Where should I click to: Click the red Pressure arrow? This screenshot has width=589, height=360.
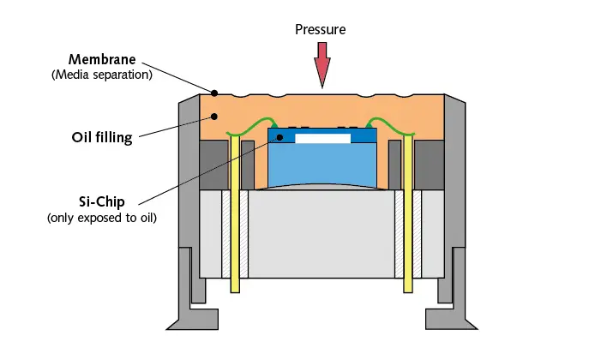322,64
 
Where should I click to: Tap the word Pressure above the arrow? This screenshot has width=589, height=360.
321,30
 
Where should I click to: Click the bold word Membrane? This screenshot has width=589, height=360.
102,59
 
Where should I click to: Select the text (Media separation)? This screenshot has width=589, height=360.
102,75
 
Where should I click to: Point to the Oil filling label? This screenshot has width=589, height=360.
102,137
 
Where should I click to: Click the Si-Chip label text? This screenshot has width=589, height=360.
102,202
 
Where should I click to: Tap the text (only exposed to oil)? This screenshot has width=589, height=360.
102,218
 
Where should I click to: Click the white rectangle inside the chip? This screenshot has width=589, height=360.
322,139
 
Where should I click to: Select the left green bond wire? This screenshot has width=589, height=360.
251,127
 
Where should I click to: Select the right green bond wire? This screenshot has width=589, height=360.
391,126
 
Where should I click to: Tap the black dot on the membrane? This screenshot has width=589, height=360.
214,93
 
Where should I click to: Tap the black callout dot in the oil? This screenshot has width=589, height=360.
214,117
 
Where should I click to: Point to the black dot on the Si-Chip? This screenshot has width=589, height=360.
279,137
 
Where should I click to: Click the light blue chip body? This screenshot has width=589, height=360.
322,164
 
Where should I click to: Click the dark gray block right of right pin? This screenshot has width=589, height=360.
429,165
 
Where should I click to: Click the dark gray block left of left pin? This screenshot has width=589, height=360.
214,165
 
